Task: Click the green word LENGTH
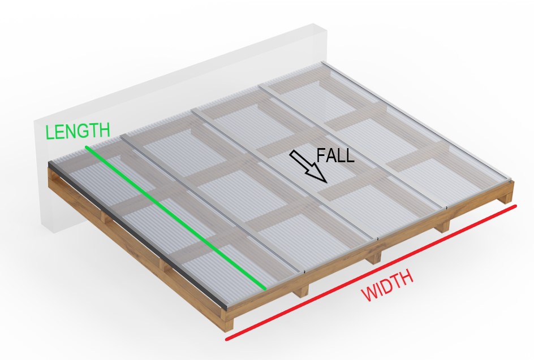[x=77, y=131]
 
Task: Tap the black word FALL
[x=335, y=155]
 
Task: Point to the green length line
[x=175, y=218]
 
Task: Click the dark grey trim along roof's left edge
[x=136, y=232]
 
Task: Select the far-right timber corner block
[x=509, y=192]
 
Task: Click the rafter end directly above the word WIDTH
[x=373, y=258]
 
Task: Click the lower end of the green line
[x=265, y=288]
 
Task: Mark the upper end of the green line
[x=87, y=148]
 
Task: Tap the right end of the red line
[x=515, y=206]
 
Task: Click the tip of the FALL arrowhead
[x=326, y=181]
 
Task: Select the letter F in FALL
[x=321, y=155]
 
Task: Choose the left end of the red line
[x=227, y=340]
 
